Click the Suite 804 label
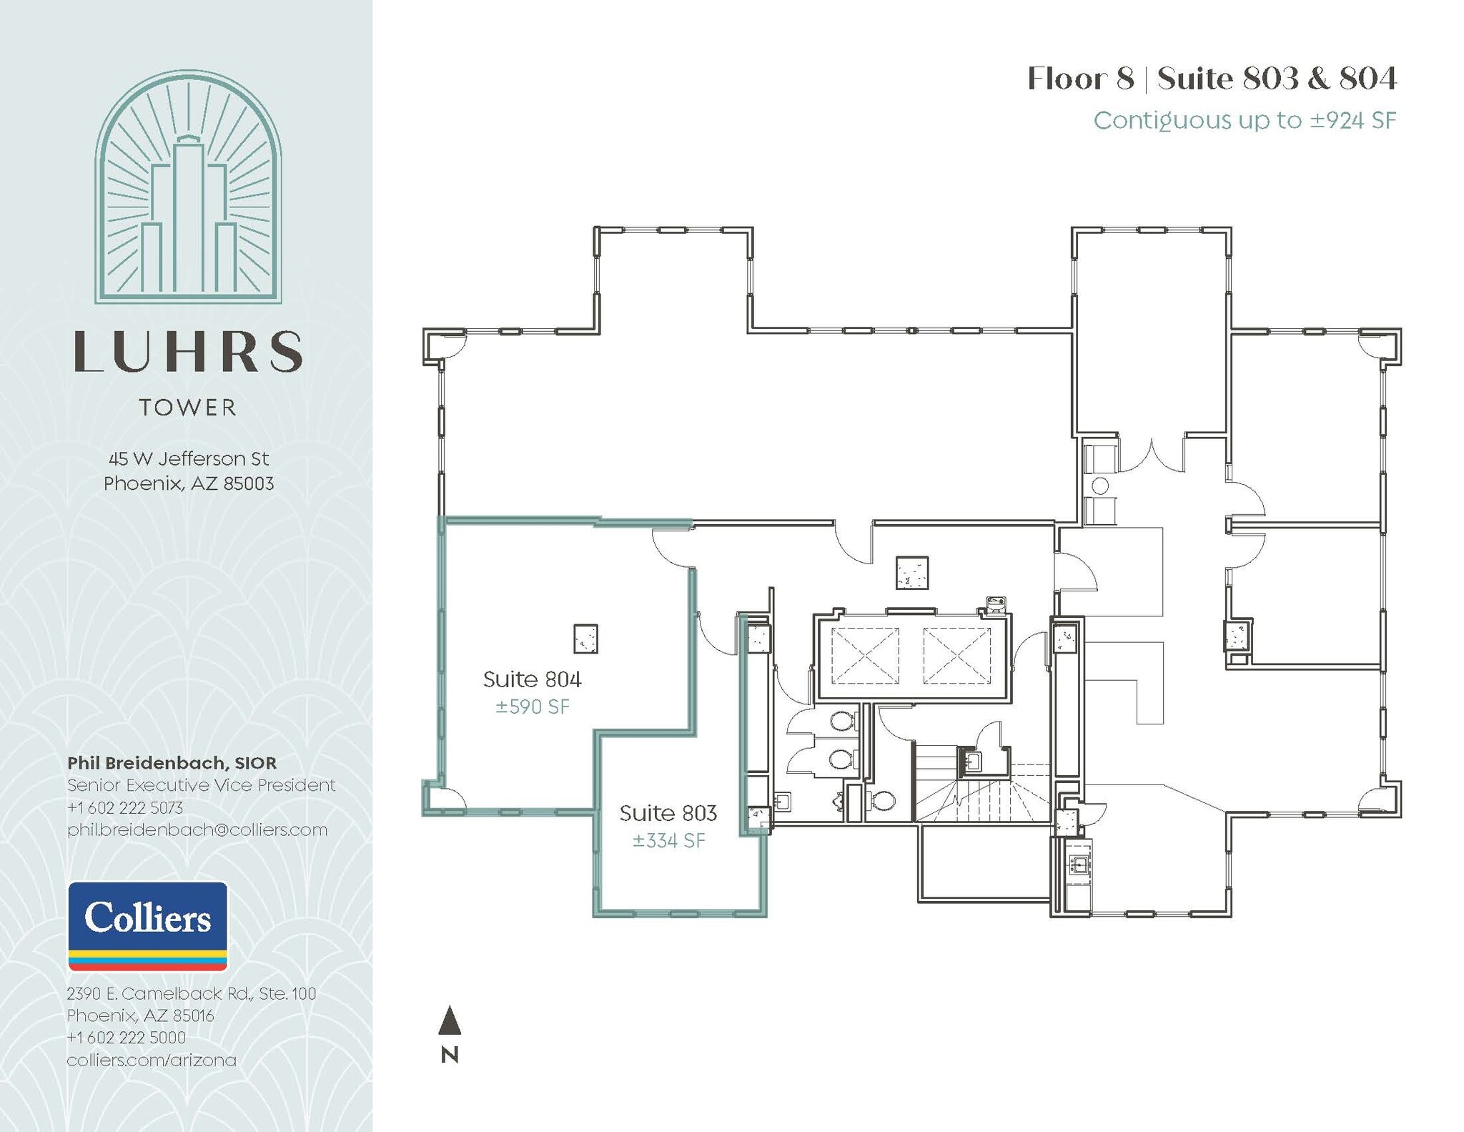coord(532,679)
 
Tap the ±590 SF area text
coord(532,707)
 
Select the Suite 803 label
coord(668,813)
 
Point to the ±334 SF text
coord(668,841)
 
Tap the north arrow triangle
coord(449,1021)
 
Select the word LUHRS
coord(188,352)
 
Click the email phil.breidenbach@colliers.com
coord(197,830)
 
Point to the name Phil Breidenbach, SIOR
coord(172,763)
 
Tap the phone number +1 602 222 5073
coord(125,808)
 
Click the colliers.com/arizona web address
coord(152,1060)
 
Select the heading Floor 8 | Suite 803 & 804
coord(1211,79)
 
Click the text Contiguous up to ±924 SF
coord(1244,120)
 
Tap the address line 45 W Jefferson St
coord(189,458)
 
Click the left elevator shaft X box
coord(865,656)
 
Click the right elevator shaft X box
coord(956,656)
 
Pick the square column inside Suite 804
coord(585,639)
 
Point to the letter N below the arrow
coord(449,1055)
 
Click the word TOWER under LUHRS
coord(188,408)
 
